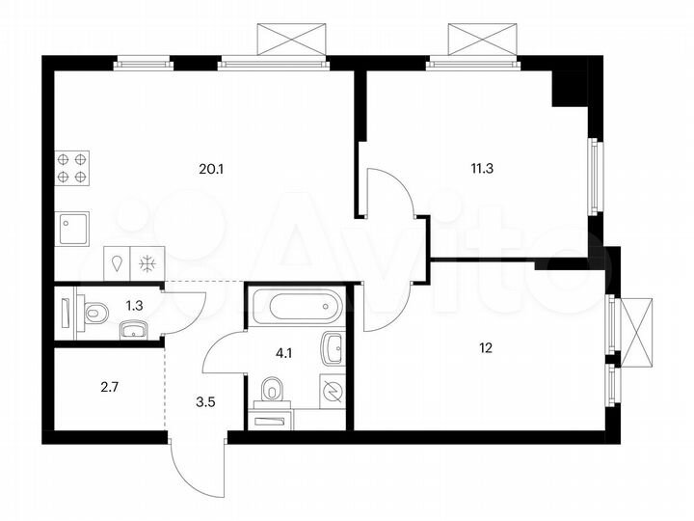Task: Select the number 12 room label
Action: pyautogui.click(x=485, y=348)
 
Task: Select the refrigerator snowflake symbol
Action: pyautogui.click(x=148, y=262)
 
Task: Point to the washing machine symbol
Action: pyautogui.click(x=331, y=392)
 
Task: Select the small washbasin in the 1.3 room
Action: pyautogui.click(x=134, y=332)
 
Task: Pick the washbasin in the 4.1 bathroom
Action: pyautogui.click(x=333, y=347)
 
